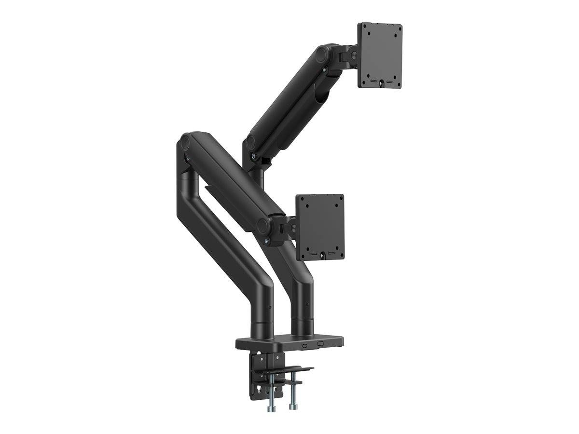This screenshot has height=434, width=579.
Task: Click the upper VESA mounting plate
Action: tap(380, 55)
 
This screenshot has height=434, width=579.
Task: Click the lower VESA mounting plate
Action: tap(319, 227)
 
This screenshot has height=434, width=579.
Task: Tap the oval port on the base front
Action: tap(305, 345)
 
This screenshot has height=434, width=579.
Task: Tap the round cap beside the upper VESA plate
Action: tap(319, 54)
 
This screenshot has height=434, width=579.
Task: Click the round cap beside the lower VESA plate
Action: tap(263, 225)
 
